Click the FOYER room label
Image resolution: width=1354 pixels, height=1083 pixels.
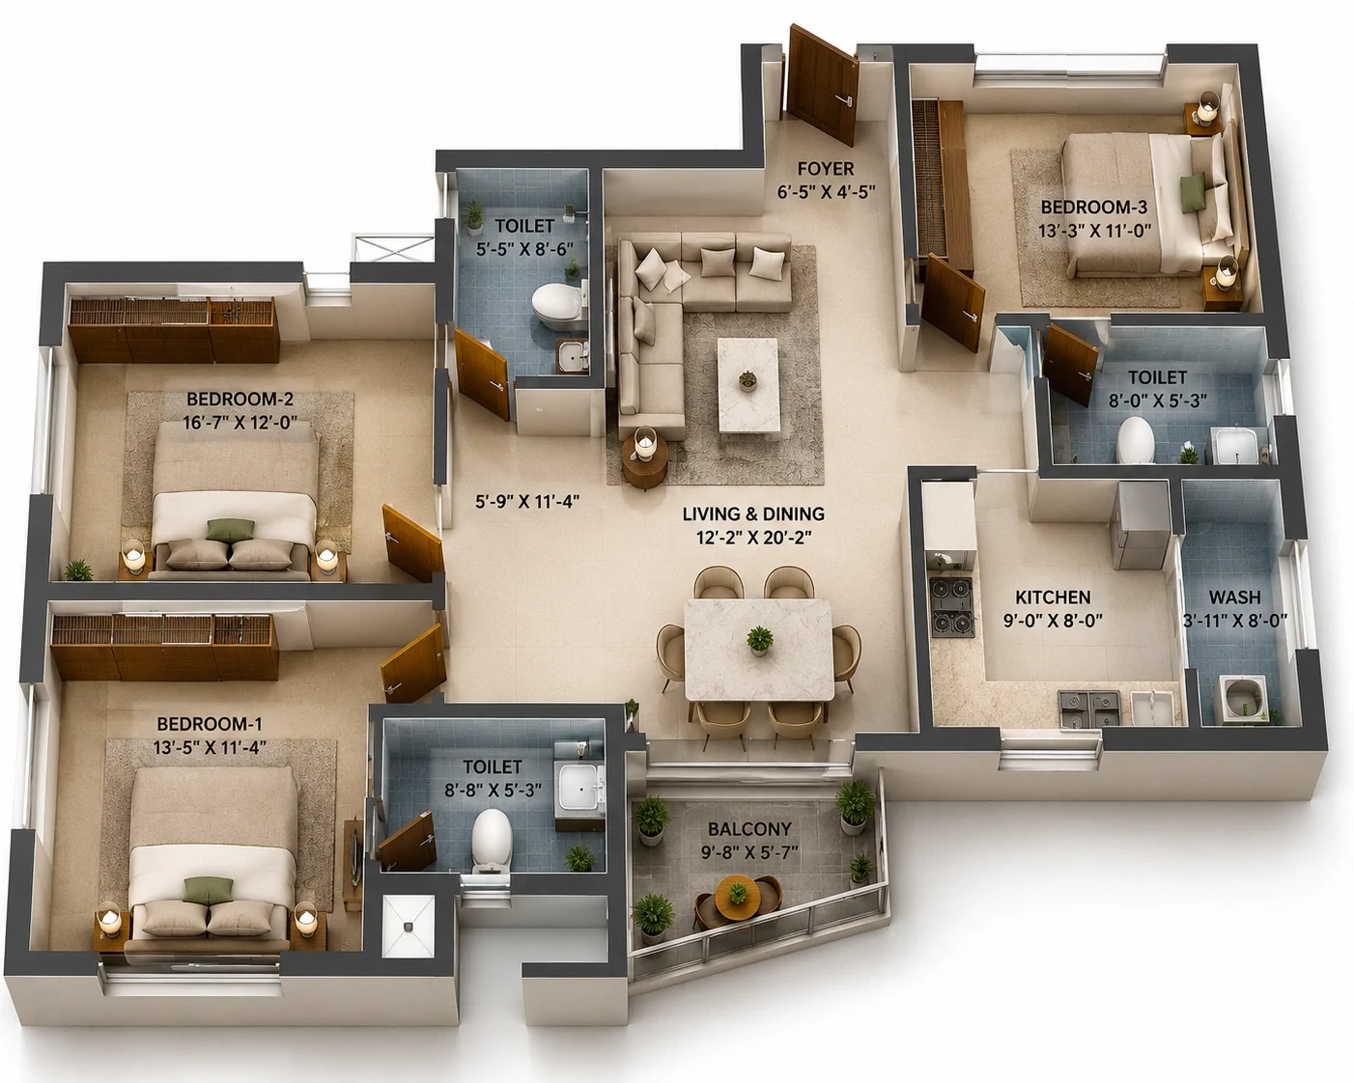pyautogui.click(x=826, y=169)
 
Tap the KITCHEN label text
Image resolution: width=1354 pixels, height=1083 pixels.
pyautogui.click(x=1053, y=597)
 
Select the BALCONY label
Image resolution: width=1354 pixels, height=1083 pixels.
pyautogui.click(x=749, y=829)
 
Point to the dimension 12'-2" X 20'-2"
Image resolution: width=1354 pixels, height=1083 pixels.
pyautogui.click(x=753, y=538)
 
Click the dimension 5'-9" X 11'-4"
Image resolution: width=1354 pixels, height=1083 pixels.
pyautogui.click(x=526, y=501)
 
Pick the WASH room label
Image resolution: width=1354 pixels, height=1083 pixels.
pyautogui.click(x=1234, y=597)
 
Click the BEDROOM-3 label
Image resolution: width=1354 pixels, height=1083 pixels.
pyautogui.click(x=1094, y=207)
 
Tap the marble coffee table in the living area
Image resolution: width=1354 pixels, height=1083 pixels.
pyautogui.click(x=748, y=385)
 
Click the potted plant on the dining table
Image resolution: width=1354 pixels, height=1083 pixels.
pyautogui.click(x=760, y=640)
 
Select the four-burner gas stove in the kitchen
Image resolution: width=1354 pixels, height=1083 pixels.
pyautogui.click(x=952, y=606)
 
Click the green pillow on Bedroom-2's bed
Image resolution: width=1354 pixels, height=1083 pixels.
pyautogui.click(x=230, y=530)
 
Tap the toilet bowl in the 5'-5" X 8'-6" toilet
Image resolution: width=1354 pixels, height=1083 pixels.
pyautogui.click(x=555, y=305)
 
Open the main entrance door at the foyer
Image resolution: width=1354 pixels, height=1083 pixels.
pyautogui.click(x=822, y=84)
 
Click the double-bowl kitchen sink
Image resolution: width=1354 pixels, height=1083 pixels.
pyautogui.click(x=1089, y=708)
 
